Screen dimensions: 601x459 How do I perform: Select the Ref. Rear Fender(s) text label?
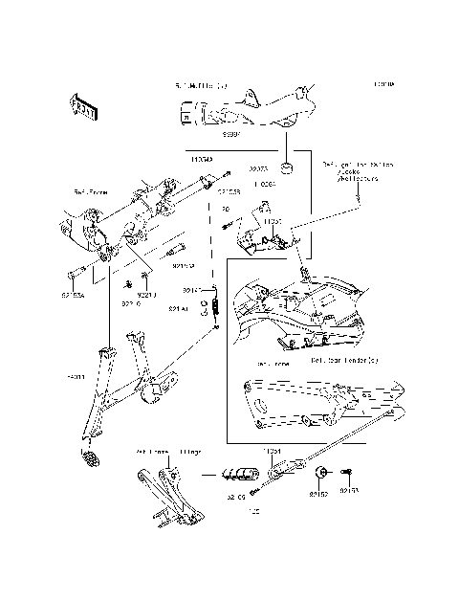coord(344,361)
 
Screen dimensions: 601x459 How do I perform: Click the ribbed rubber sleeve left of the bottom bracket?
coord(239,475)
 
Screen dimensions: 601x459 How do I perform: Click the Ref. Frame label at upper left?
coord(91,192)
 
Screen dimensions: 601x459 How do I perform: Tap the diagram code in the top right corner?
coord(383,85)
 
